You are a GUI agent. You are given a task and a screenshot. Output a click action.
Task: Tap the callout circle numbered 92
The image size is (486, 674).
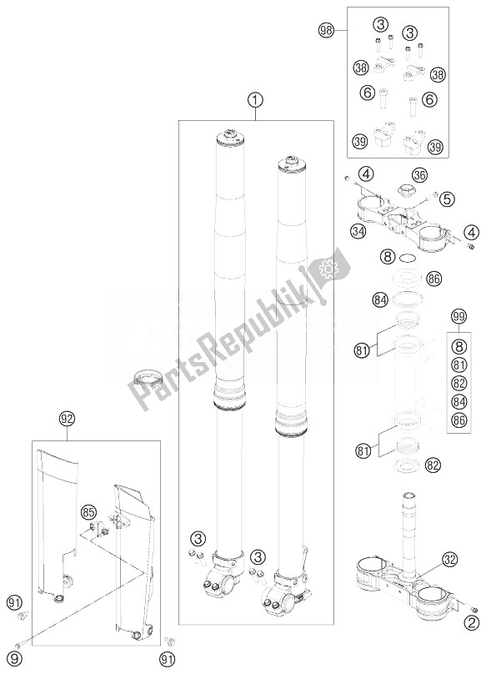tap(68, 416)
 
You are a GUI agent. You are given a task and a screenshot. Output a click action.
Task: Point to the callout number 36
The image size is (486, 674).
tap(419, 175)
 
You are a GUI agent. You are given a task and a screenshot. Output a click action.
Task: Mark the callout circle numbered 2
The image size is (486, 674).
tap(473, 621)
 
